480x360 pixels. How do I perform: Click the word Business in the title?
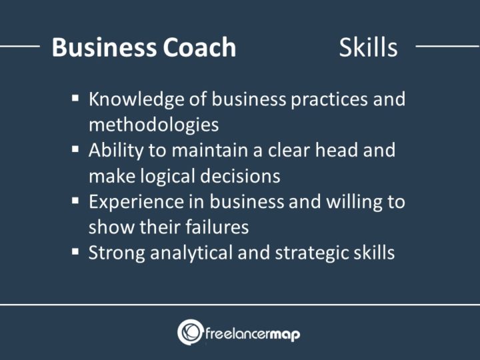[103, 47]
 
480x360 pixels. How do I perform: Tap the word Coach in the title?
[199, 47]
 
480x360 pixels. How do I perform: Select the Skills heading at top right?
[368, 47]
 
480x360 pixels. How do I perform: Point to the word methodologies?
[154, 125]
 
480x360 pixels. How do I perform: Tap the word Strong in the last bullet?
[113, 253]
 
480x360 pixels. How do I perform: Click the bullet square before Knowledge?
[75, 99]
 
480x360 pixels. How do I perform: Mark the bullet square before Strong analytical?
[75, 251]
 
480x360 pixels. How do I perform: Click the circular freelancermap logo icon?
[190, 332]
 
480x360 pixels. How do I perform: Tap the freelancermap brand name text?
[252, 332]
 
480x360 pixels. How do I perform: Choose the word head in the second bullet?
[330, 151]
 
